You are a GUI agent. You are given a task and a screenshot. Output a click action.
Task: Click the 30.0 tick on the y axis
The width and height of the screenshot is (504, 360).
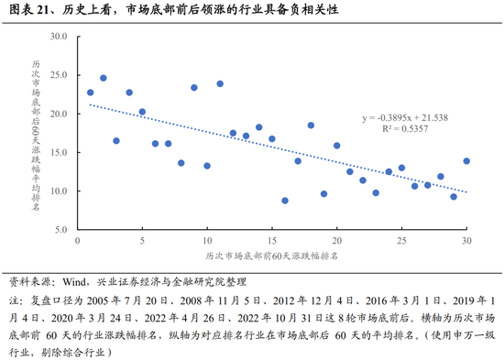click(x=60, y=37)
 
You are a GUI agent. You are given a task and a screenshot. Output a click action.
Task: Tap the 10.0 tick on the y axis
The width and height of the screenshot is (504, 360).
click(x=60, y=191)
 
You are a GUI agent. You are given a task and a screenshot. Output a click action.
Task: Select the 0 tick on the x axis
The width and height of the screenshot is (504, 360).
click(x=77, y=241)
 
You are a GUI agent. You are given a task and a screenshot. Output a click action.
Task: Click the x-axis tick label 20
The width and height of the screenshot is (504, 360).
click(x=336, y=241)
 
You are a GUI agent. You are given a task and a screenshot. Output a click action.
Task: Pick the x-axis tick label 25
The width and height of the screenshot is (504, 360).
click(x=401, y=241)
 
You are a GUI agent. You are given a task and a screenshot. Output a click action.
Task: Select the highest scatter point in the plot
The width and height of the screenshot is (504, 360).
click(x=104, y=79)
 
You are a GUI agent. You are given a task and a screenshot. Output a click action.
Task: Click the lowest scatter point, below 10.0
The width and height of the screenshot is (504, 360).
click(x=285, y=201)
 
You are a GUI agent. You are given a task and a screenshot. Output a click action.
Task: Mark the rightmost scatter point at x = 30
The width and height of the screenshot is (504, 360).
click(x=466, y=161)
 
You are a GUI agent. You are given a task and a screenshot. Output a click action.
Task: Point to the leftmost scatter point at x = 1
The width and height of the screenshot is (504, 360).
click(x=90, y=93)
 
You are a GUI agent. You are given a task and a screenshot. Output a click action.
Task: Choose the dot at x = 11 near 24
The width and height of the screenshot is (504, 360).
click(x=220, y=84)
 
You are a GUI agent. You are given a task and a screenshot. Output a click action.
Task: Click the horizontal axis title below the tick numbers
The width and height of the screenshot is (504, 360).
click(x=271, y=257)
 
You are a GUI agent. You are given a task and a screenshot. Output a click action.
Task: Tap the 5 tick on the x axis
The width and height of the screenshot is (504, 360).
click(x=142, y=241)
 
